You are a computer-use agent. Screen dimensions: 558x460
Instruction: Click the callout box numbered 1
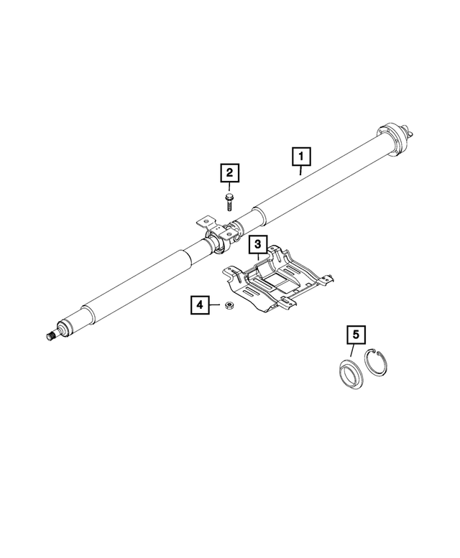coord(301,156)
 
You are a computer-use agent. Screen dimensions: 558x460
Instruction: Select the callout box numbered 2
coord(229,173)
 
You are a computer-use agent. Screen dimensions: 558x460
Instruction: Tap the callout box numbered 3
coord(259,245)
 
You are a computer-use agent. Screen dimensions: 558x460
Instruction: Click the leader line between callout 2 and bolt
coord(229,187)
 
